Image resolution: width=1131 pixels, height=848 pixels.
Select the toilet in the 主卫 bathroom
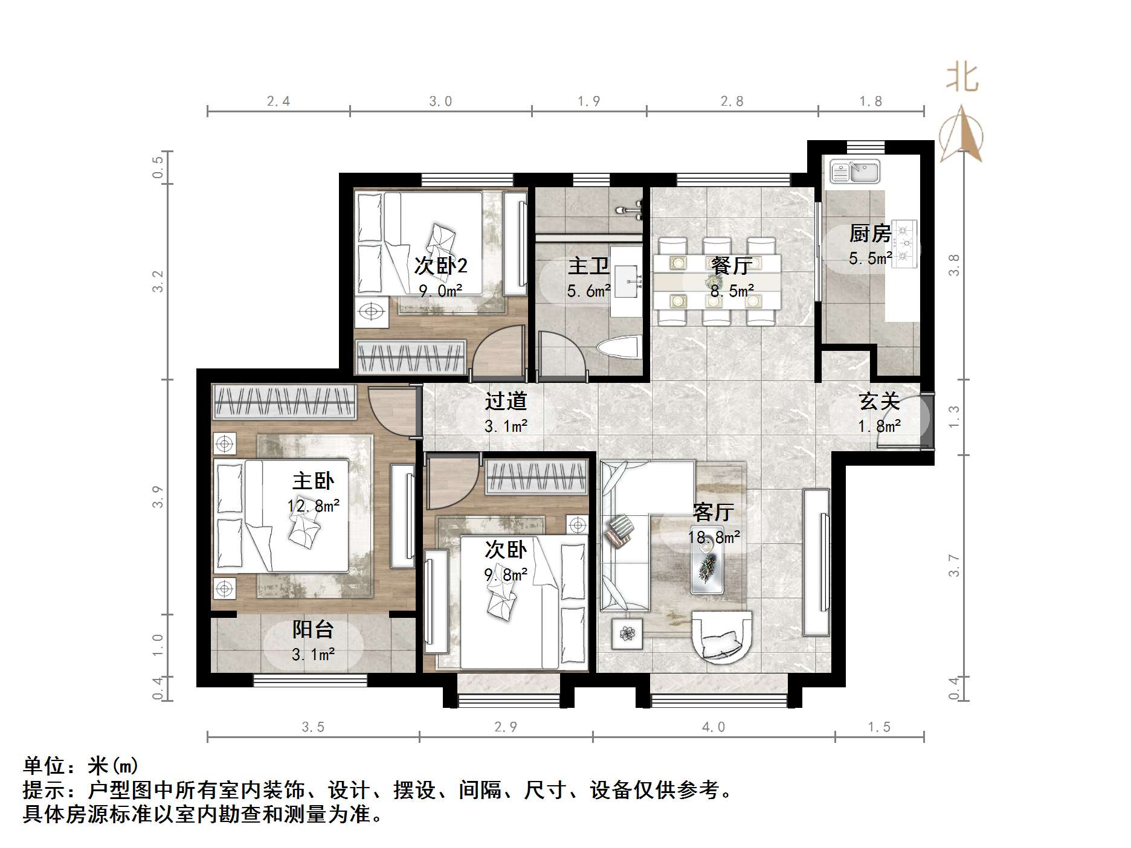[x=619, y=349]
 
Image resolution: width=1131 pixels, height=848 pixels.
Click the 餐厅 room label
[x=732, y=266]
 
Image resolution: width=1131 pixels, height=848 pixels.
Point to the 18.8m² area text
[x=714, y=537]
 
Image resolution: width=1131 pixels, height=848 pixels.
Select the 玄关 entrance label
[x=880, y=401]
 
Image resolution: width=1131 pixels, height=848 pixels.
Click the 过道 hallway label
[x=506, y=401]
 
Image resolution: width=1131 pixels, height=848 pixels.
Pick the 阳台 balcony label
[x=313, y=630]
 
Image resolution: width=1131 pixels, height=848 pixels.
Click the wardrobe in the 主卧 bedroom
[x=283, y=402]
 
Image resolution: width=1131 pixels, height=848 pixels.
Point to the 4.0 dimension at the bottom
[x=714, y=727]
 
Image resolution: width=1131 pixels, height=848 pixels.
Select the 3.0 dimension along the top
[x=440, y=101]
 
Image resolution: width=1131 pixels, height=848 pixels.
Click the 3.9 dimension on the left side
[x=158, y=496]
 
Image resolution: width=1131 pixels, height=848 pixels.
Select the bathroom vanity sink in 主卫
[x=625, y=281]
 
